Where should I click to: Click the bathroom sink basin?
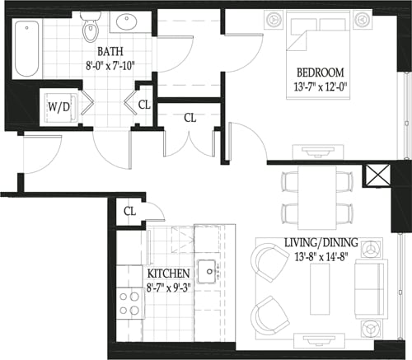coord(129,23)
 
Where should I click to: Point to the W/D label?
coord(59,107)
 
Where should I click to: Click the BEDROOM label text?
coord(321,72)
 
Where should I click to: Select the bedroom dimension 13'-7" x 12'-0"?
coord(321,86)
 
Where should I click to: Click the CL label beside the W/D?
coord(144,105)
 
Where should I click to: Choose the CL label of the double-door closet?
coord(190,118)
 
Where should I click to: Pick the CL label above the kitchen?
coord(129,211)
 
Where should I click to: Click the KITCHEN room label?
coord(169,274)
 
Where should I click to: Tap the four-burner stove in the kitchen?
coord(129,302)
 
